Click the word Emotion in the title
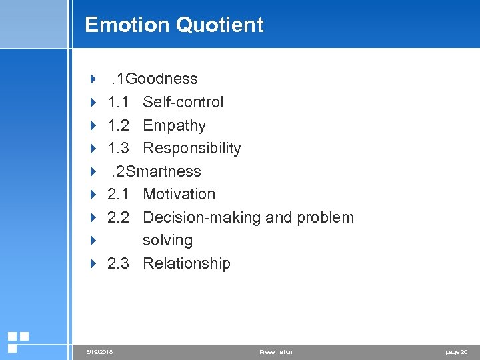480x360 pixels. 127,25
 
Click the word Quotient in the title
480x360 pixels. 219,25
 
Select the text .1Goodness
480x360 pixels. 155,79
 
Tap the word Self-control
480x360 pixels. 183,102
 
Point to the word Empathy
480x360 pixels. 174,125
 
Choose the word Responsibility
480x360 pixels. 192,148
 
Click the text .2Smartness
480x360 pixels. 156,171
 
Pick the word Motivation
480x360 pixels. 179,194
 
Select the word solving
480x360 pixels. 167,240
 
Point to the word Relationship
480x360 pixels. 187,263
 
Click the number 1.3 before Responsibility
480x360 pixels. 119,148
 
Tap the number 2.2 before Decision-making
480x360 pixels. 119,217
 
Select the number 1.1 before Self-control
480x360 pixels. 119,102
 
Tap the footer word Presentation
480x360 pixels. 276,352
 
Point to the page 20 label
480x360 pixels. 456,352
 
